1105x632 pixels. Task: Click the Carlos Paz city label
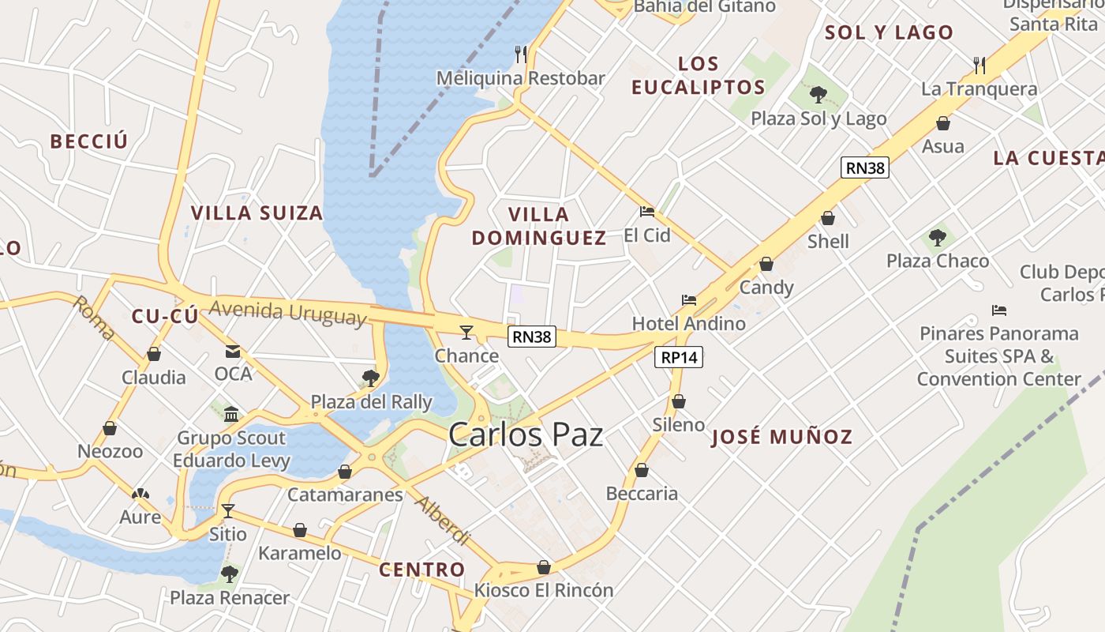click(x=526, y=435)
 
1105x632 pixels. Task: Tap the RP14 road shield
click(x=679, y=357)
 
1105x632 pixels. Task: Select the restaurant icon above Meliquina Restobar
click(x=521, y=54)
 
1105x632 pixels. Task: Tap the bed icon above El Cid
click(x=647, y=211)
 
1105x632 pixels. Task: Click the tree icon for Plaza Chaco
click(x=938, y=236)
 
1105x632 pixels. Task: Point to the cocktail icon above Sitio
click(x=228, y=510)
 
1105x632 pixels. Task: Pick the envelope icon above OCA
click(x=233, y=351)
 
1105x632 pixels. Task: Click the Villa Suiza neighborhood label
click(x=257, y=213)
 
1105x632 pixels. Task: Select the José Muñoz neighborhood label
click(x=781, y=437)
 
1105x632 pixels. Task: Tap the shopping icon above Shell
click(x=828, y=217)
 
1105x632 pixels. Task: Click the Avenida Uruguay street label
click(x=289, y=312)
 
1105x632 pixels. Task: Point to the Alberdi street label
click(x=443, y=521)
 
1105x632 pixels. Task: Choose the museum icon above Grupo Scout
click(x=231, y=414)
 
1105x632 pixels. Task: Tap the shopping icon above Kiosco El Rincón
click(x=543, y=566)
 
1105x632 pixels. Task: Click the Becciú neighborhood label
click(x=88, y=141)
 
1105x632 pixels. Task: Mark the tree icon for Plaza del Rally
click(x=370, y=378)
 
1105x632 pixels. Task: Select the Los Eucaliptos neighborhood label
click(x=699, y=75)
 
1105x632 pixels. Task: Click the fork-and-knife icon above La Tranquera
click(x=980, y=65)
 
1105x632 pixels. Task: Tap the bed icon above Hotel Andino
click(x=689, y=300)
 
